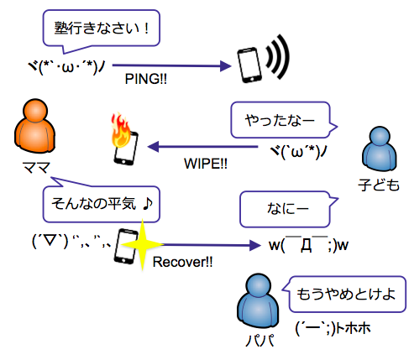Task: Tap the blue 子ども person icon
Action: click(x=380, y=149)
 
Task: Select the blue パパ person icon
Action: click(x=258, y=300)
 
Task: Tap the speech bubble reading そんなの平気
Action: click(x=101, y=204)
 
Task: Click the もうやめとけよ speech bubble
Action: click(x=347, y=294)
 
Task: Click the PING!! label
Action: click(x=146, y=79)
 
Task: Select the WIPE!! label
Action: click(x=206, y=164)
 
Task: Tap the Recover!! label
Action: click(x=182, y=262)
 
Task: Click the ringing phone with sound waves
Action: click(x=263, y=60)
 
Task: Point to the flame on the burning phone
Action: click(x=121, y=131)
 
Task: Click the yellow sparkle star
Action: click(x=142, y=245)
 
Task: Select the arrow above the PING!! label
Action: click(x=172, y=66)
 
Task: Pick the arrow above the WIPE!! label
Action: click(x=202, y=147)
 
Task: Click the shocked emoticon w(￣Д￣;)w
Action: click(x=308, y=244)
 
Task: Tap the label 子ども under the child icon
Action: click(x=379, y=185)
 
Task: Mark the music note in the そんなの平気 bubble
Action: click(x=148, y=204)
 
